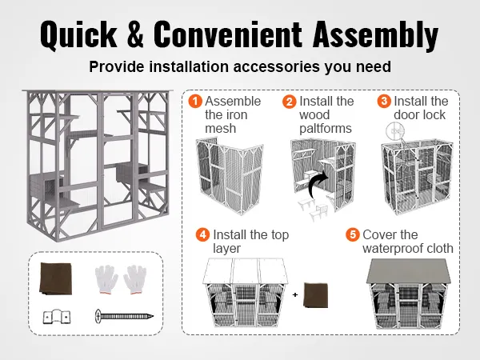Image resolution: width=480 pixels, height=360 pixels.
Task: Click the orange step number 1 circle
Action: pos(194,102)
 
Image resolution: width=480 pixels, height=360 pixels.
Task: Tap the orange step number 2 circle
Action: pos(289,102)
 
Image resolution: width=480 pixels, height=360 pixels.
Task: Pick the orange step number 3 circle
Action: pos(384,102)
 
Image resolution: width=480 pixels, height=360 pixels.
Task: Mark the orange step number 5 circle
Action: pos(353,235)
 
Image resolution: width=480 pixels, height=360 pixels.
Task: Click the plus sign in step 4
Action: pos(294,295)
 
